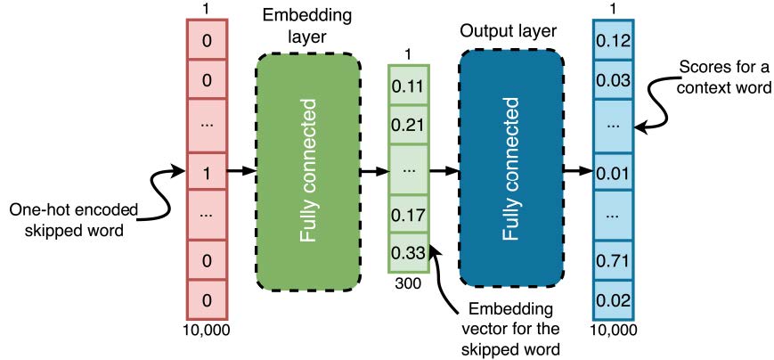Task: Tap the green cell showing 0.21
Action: click(409, 126)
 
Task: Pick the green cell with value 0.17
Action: click(409, 215)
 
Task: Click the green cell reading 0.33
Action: click(409, 252)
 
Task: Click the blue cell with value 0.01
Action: click(614, 171)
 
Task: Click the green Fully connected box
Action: click(308, 170)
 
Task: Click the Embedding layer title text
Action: click(306, 27)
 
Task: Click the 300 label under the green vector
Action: click(409, 282)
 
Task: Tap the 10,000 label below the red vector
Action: click(207, 331)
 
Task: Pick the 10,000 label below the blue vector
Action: click(613, 331)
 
